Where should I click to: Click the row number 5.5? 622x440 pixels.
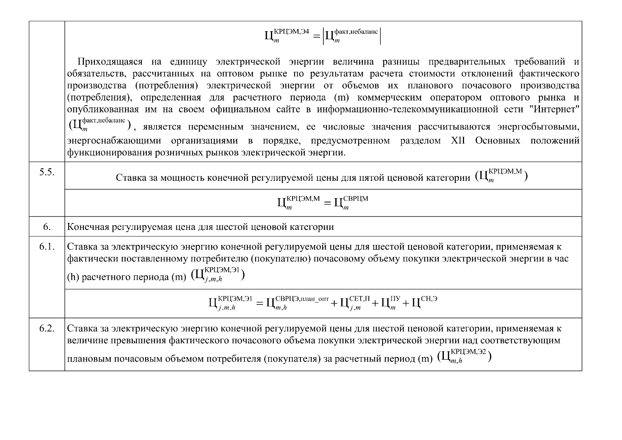click(47, 173)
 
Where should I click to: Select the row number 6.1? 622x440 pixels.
click(47, 247)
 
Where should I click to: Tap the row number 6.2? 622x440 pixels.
click(47, 329)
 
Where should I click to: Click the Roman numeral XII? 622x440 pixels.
click(457, 141)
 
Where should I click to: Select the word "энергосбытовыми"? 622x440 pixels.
click(538, 127)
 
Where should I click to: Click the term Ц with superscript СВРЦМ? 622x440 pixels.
click(350, 202)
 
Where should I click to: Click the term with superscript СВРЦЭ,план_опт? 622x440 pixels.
click(297, 303)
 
